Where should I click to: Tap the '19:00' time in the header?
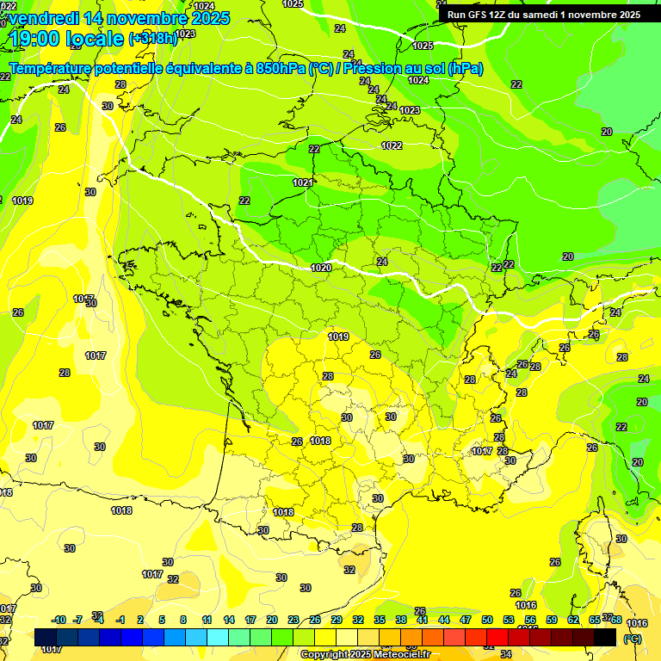37,38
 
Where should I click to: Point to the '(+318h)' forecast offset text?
152,38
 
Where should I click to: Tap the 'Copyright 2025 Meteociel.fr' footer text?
365,655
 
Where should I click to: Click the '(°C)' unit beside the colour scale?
632,639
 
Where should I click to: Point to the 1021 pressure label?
302,182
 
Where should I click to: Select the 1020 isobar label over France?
321,268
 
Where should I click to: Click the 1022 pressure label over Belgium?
392,145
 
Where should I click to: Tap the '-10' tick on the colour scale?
59,620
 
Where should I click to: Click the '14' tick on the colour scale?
229,620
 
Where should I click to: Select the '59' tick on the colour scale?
552,620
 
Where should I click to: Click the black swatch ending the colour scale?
605,638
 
